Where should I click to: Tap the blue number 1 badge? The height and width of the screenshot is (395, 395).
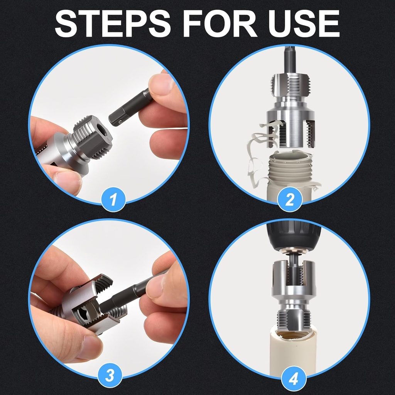[113, 199]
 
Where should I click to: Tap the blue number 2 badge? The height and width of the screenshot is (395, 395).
[289, 199]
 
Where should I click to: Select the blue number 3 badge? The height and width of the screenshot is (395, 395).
[110, 375]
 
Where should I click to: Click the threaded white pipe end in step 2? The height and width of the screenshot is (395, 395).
[289, 170]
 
